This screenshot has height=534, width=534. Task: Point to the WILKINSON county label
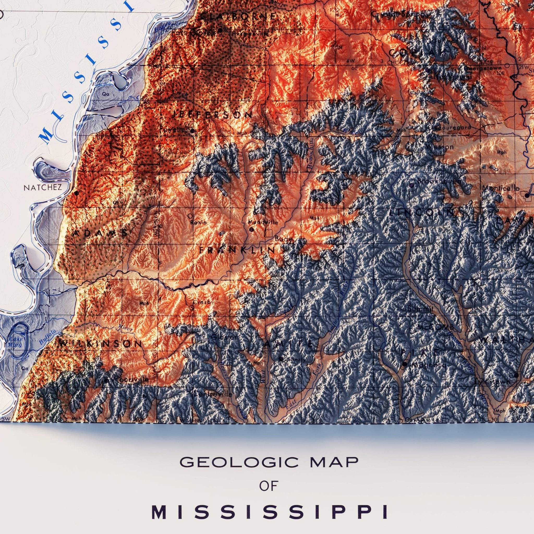101,344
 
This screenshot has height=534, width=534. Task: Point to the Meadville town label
263,222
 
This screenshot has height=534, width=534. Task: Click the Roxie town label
198,222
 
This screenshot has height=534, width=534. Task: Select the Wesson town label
439,147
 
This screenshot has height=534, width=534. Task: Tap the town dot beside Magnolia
405,364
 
